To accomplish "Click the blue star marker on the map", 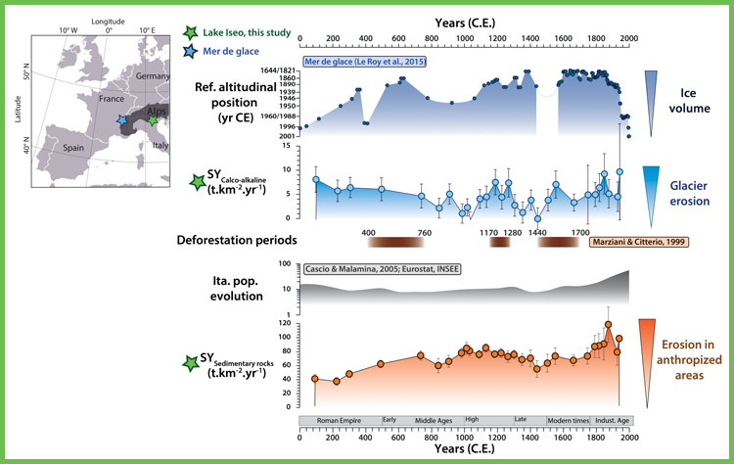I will coord(121,119).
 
